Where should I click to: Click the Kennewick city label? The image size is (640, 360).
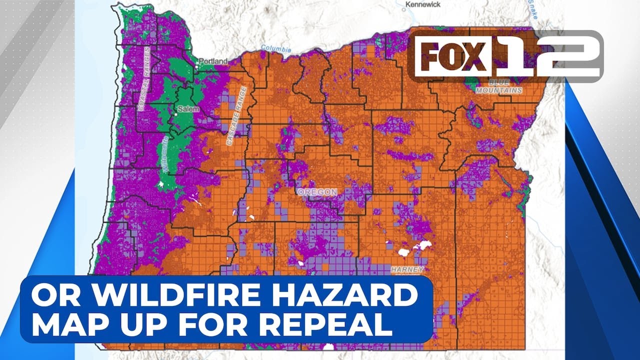point(423,4)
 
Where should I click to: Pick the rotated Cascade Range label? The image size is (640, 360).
point(237,116)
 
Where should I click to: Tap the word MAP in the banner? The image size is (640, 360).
point(75,325)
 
